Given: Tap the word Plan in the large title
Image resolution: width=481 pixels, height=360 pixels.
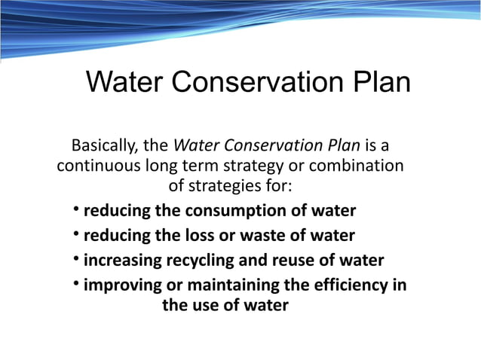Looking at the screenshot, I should [x=382, y=82].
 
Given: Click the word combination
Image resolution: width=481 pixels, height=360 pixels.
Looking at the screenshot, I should [x=360, y=165].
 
